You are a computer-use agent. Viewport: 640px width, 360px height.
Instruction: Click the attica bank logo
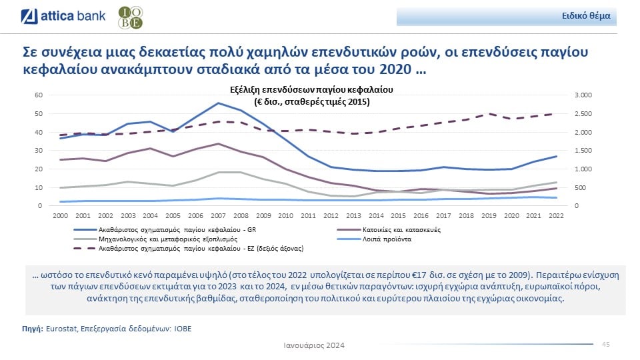tap(63, 16)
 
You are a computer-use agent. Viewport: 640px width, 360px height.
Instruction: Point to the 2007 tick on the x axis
tap(218, 216)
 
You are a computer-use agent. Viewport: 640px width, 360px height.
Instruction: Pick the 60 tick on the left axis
tap(39, 95)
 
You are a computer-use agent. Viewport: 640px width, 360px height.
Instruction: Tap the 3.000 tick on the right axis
tap(582, 95)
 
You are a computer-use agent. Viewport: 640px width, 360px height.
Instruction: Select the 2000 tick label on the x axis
tap(60, 216)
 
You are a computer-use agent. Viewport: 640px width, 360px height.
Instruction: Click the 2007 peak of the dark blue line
tap(218, 103)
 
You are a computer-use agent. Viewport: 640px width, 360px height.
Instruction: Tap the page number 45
tap(606, 344)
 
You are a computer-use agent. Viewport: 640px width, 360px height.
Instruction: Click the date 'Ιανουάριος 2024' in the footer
tap(314, 345)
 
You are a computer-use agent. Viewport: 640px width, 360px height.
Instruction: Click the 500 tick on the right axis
tap(579, 187)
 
